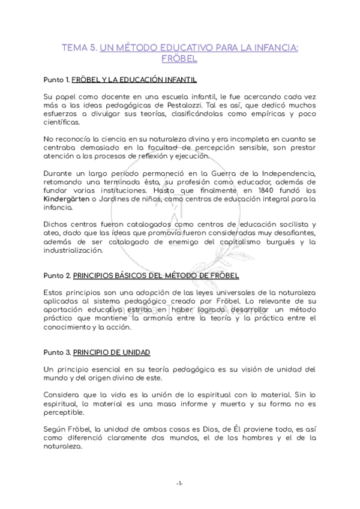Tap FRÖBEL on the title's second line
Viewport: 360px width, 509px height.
180,59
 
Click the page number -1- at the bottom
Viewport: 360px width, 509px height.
179,484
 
